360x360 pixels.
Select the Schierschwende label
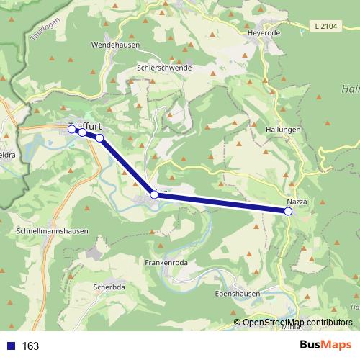164,67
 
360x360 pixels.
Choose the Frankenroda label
166,263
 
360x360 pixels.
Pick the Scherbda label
109,287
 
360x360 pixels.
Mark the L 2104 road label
325,27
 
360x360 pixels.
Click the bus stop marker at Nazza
288,211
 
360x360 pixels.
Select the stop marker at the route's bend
153,194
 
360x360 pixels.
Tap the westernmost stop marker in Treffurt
71,130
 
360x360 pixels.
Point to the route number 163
31,346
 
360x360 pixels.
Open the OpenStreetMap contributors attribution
297,323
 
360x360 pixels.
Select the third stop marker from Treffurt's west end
99,138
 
